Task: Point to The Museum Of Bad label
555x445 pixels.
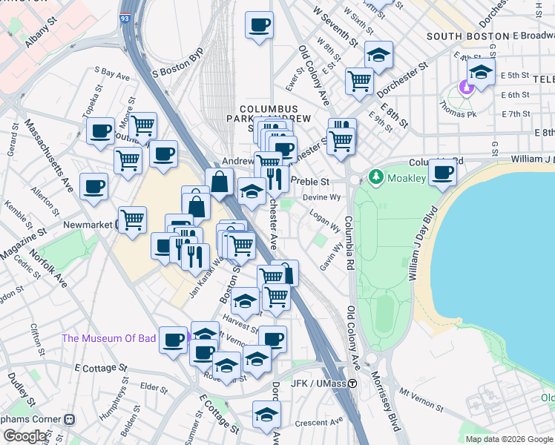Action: [109, 338]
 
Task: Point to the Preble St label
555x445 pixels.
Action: [310, 181]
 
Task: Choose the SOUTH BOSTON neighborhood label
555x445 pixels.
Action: [463, 36]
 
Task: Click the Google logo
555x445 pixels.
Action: [26, 436]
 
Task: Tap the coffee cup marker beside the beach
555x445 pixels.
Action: [442, 173]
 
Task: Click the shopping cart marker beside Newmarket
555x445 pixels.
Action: [132, 219]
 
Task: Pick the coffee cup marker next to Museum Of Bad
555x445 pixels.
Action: [173, 340]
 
